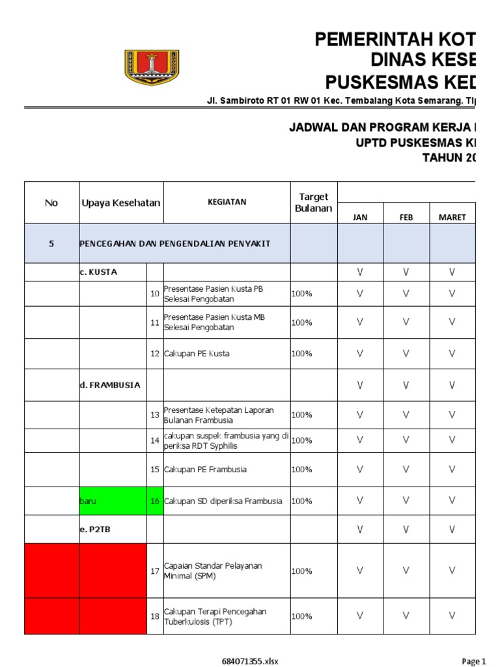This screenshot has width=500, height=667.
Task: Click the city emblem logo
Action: coord(152,68)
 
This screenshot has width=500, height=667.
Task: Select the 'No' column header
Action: coord(51,203)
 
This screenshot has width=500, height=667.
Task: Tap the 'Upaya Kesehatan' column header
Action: coord(120,203)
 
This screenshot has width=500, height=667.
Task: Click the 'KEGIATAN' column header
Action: coord(227,202)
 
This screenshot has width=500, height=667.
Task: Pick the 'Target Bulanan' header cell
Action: coord(313,203)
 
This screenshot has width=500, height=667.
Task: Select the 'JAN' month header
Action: coord(360,217)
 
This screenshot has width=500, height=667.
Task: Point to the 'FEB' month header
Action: coord(406,217)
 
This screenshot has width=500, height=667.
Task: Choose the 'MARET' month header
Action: coord(452,217)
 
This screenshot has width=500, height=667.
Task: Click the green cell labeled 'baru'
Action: coord(113,501)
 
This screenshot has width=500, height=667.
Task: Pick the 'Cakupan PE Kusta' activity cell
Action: coord(197,354)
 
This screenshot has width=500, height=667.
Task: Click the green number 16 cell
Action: coord(155,501)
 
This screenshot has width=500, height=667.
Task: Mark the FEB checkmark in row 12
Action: coord(406,354)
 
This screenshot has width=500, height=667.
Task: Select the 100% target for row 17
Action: coord(302,571)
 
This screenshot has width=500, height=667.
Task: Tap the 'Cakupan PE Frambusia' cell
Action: coord(205,469)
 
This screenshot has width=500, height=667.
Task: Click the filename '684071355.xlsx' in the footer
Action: coord(250,661)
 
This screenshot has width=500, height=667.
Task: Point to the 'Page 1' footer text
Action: coord(473,661)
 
